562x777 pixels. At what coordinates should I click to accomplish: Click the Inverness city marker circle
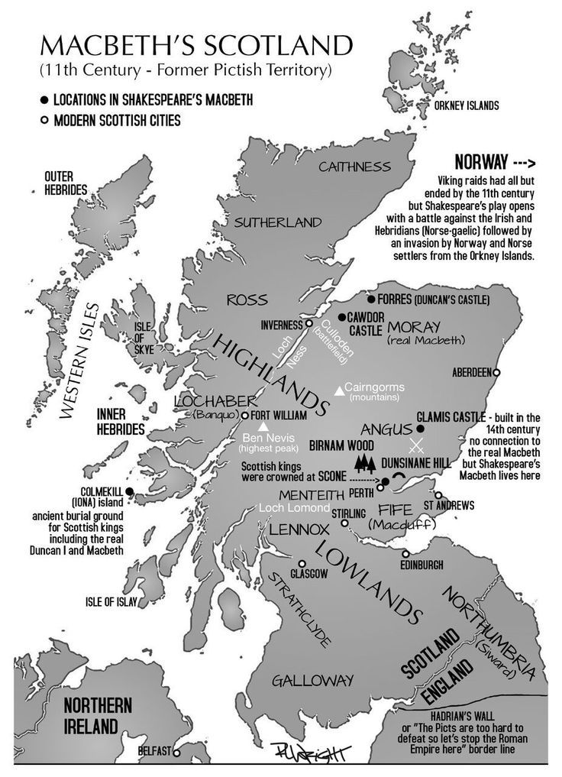pos(309,323)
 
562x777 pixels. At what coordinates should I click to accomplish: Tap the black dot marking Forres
pos(371,299)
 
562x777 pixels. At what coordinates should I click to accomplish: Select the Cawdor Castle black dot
pos(341,316)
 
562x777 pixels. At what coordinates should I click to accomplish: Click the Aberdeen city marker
pos(496,372)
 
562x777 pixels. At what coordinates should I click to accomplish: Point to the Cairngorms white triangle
pos(339,391)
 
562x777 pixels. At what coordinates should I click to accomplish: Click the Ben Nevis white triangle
pos(263,426)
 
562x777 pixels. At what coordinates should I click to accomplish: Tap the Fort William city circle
pos(245,415)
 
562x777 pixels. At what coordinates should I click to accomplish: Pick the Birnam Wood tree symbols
pos(366,462)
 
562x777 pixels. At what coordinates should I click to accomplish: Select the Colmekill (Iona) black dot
pos(130,491)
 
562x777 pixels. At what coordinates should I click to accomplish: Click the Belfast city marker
pos(176,752)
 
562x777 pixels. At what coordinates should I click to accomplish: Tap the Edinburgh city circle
pos(406,554)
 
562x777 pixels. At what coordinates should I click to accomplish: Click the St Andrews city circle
pos(438,495)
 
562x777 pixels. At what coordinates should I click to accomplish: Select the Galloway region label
pos(313,679)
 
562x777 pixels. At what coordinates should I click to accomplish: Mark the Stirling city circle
pos(344,523)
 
